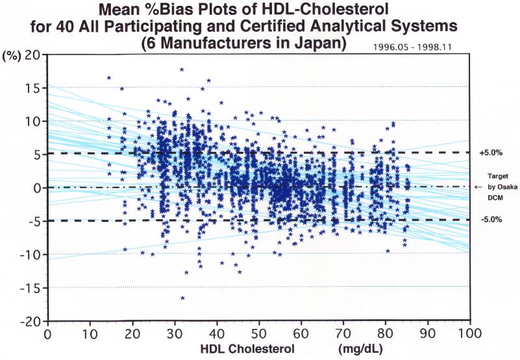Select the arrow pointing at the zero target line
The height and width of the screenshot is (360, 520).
(x=478, y=187)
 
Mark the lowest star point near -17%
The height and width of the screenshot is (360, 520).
(x=182, y=298)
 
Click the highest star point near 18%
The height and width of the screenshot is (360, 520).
(x=182, y=69)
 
